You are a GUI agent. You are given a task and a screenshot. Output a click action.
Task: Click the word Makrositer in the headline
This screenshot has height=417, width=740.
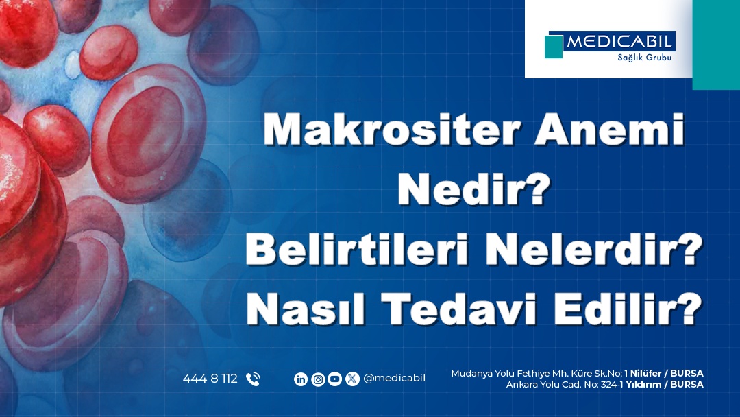(x=392, y=129)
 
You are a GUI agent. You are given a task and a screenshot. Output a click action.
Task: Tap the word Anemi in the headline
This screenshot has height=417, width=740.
(x=609, y=129)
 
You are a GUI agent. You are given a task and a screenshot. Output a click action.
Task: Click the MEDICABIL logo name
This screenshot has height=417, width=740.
(x=619, y=42)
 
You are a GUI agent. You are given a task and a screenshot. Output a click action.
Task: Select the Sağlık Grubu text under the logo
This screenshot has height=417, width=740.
(x=644, y=58)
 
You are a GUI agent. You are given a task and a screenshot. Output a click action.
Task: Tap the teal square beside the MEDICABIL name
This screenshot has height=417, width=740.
(x=554, y=47)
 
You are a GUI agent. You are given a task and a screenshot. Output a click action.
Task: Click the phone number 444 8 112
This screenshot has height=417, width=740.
(x=210, y=379)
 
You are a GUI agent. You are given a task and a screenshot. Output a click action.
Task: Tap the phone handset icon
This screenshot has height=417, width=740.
(x=253, y=379)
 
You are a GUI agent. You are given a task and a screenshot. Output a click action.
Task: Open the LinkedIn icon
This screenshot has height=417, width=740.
(x=301, y=379)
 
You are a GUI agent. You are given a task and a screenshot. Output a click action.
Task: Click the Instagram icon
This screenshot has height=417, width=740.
(x=318, y=379)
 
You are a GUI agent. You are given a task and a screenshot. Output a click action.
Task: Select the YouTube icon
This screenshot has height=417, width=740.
(x=334, y=379)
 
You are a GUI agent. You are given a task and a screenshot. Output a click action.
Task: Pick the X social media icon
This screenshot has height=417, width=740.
(x=352, y=379)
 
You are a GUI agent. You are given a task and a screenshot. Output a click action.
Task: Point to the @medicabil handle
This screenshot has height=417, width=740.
(x=394, y=379)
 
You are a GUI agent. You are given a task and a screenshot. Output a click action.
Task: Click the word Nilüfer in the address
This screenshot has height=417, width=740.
(x=645, y=373)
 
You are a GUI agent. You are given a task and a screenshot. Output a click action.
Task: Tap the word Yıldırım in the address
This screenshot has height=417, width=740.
(x=643, y=384)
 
